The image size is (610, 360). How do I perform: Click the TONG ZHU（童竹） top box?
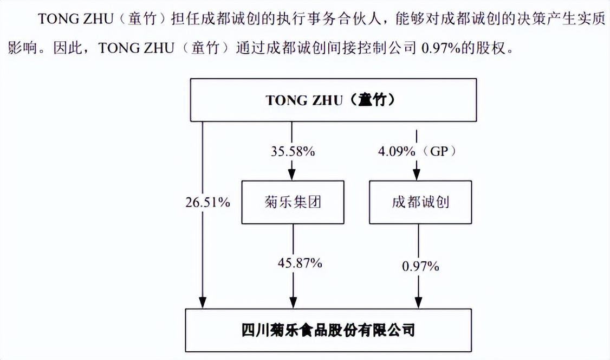tap(333, 100)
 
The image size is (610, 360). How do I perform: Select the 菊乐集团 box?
tap(293, 202)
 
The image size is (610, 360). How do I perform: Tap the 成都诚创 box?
tap(420, 202)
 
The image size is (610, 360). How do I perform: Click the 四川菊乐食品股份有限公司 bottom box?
tap(328, 330)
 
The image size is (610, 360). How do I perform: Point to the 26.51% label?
tap(207, 202)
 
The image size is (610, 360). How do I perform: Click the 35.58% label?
tap(293, 151)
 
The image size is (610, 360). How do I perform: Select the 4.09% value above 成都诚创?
tap(397, 151)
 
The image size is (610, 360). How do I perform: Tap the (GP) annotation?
tap(439, 151)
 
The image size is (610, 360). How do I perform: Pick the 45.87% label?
tap(300, 263)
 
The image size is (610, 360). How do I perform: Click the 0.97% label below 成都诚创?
tap(420, 266)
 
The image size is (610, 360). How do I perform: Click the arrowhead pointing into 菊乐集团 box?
tap(292, 175)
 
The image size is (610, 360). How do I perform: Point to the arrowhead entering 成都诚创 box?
tap(416, 175)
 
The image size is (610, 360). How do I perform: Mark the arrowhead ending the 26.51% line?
tap(202, 303)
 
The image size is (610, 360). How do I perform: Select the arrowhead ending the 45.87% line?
tap(293, 303)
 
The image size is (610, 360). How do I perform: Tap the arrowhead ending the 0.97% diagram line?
tap(418, 303)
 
